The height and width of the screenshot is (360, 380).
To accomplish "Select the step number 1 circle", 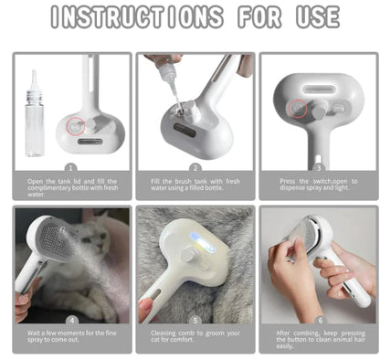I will coord(70,167).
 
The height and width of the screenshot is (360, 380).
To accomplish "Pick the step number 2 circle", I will coord(195,167).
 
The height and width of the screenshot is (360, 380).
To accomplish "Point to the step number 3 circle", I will coord(317,167).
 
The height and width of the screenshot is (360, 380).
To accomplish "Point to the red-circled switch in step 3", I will coord(299,110).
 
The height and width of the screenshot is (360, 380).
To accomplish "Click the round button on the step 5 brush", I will coord(185,259).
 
